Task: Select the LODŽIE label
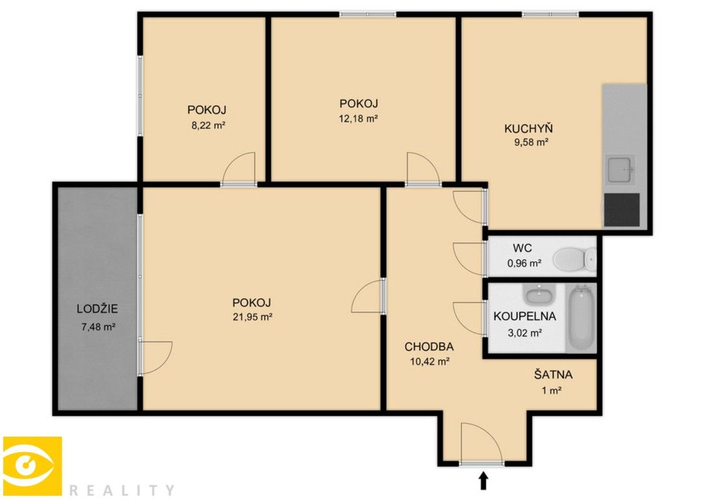point(97,309)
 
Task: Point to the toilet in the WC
point(574,260)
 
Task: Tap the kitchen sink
point(620,170)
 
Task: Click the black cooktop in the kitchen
point(622,209)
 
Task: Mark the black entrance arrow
point(483,480)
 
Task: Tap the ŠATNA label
point(554,375)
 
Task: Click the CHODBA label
point(429,346)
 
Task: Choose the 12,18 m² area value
point(359,118)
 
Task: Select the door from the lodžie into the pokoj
point(155,357)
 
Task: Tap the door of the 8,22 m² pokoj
point(238,169)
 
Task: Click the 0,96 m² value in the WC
point(524,263)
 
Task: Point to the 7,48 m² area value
point(97,327)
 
